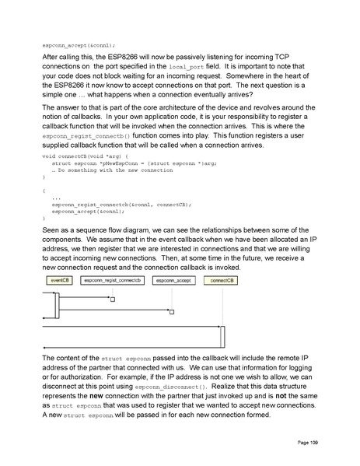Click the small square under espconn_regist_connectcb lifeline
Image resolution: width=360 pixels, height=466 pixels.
coord(113,300)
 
